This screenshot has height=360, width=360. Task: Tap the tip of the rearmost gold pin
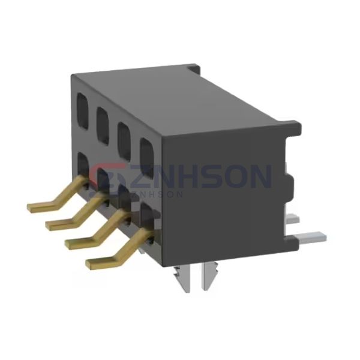(x=31, y=207)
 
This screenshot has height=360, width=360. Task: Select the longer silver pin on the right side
(x=312, y=238)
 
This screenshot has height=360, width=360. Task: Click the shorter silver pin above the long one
(x=293, y=220)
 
